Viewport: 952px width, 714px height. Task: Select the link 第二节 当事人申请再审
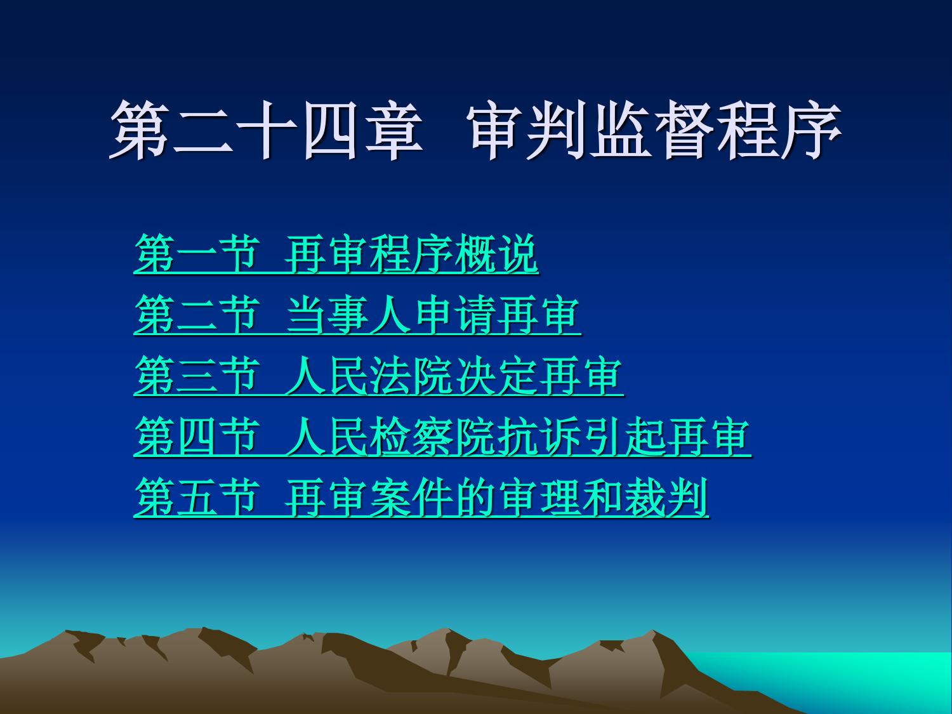tap(357, 315)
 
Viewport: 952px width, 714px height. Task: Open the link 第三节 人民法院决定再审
tap(379, 376)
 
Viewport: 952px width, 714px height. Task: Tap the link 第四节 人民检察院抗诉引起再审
tap(442, 437)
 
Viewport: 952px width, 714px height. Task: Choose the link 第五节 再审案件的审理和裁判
tap(421, 498)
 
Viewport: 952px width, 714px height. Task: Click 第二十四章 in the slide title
tap(267, 129)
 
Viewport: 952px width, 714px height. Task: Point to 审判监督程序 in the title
tap(656, 129)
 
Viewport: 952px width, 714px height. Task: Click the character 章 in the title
tap(394, 129)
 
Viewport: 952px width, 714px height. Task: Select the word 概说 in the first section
tap(496, 254)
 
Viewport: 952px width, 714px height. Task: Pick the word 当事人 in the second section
tap(348, 315)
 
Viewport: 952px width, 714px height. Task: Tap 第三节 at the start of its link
tap(197, 376)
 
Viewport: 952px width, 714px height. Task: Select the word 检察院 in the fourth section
tap(433, 437)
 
